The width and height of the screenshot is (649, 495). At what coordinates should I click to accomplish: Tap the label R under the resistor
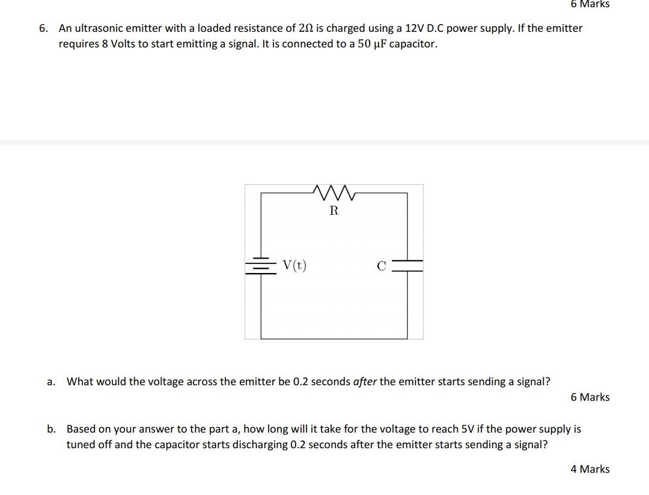tap(334, 211)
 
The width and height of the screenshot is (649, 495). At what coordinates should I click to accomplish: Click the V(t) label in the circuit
tap(294, 265)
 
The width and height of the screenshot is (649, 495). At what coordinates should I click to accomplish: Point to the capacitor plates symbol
tap(407, 266)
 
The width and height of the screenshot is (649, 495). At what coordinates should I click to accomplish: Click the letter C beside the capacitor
tap(382, 266)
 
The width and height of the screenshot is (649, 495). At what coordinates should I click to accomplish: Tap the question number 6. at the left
tap(43, 28)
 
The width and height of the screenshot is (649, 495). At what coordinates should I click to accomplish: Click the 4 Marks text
tap(590, 469)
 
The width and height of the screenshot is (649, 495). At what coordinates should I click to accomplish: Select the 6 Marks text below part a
tap(590, 397)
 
